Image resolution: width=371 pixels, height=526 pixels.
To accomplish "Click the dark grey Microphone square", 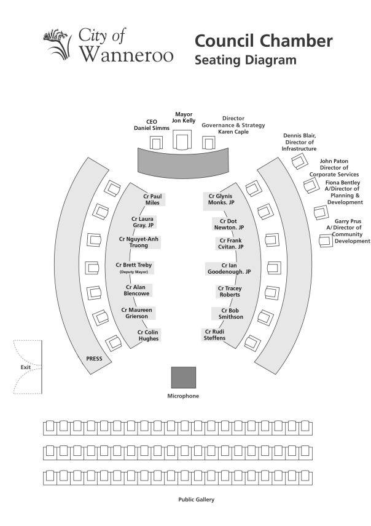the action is [x=184, y=377].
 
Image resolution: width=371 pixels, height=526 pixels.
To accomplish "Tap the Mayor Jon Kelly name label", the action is [x=184, y=118].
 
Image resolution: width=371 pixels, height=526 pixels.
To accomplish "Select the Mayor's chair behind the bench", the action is [x=182, y=140].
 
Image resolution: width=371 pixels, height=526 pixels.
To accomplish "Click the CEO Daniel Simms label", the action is [x=152, y=125].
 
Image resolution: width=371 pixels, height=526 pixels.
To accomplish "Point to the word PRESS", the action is [x=94, y=359].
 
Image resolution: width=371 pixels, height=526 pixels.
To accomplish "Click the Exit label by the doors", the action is [x=25, y=367].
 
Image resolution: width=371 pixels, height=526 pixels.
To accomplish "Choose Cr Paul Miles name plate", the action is [x=152, y=199].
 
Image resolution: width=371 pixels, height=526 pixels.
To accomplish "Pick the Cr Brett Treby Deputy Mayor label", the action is [x=134, y=268].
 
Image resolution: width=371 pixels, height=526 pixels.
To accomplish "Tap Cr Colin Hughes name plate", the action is [x=148, y=335].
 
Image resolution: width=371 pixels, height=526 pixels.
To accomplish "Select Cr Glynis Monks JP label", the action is [x=221, y=199].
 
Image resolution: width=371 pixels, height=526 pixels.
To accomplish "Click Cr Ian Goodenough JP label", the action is [x=229, y=269].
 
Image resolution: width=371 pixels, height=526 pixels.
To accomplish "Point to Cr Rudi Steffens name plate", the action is [x=214, y=335].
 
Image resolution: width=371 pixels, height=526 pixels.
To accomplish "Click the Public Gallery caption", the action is [x=196, y=500].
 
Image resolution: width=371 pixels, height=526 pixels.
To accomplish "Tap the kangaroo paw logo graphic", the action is [x=58, y=44].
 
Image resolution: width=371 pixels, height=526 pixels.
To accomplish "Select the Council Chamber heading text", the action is [x=264, y=41].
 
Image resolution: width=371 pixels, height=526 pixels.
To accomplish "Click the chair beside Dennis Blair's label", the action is [x=299, y=161].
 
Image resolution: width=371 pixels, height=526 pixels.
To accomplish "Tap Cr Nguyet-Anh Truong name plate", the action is [x=139, y=242].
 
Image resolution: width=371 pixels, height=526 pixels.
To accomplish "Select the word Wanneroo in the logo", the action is [x=127, y=54].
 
